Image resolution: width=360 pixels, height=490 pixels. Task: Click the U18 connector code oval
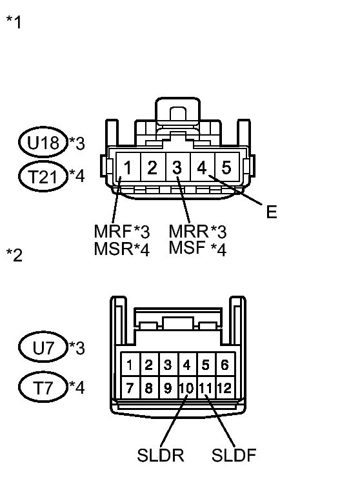tap(43, 142)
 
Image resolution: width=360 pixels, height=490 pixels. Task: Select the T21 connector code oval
tap(43, 176)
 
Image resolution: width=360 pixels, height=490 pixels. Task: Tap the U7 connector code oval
tap(43, 347)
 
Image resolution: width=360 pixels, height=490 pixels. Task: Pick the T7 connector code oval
tap(43, 387)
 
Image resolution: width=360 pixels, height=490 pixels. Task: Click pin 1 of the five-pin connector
tap(128, 167)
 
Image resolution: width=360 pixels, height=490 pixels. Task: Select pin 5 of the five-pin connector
tap(227, 167)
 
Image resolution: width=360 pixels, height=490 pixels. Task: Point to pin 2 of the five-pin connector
tap(153, 167)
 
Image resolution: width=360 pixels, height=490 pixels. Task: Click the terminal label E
tap(272, 212)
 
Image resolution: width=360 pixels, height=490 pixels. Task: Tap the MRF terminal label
tap(112, 232)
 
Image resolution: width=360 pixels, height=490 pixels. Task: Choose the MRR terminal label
tap(188, 232)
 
